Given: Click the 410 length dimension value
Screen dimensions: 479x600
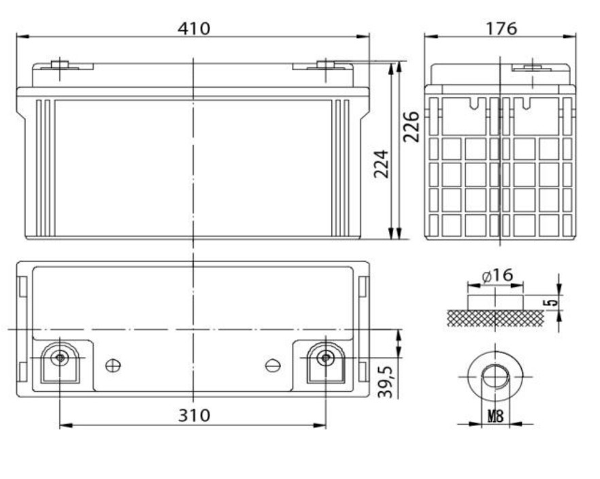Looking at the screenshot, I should [x=194, y=28].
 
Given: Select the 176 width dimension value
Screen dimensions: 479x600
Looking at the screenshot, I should [x=501, y=28].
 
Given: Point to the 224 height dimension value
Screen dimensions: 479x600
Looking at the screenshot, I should [x=382, y=163].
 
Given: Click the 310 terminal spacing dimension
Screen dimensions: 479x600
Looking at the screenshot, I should [x=194, y=414].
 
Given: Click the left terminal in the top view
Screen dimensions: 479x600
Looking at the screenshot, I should [x=60, y=358].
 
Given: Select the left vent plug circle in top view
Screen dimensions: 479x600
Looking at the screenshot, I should [x=113, y=365].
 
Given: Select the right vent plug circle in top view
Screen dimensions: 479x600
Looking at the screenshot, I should [x=273, y=365].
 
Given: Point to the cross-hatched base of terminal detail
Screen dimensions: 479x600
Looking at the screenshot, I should [x=495, y=318].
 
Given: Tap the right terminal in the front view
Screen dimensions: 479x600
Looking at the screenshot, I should [x=326, y=65].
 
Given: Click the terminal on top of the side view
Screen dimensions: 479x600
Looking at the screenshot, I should [x=530, y=67].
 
